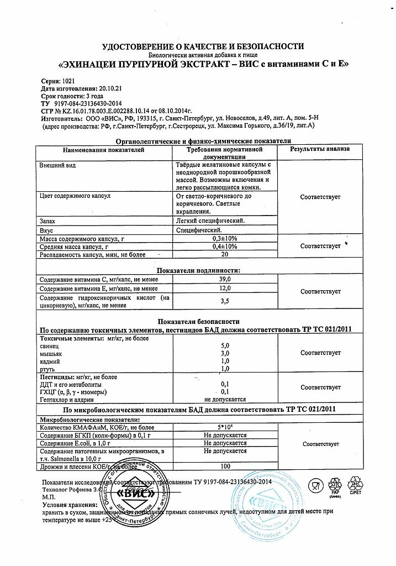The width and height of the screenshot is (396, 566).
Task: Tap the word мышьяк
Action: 51,353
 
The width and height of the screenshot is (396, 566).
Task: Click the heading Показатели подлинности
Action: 198,271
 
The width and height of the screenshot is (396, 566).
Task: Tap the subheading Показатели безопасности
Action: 198,321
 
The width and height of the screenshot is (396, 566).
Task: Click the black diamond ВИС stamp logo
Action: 131,494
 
